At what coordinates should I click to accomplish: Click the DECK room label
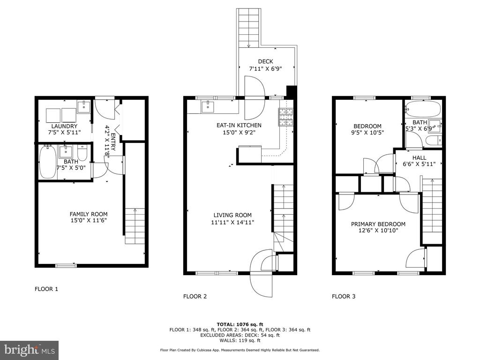[265, 61]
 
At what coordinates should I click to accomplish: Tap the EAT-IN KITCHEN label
[239, 125]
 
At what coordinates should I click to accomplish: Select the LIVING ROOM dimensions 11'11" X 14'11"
[232, 222]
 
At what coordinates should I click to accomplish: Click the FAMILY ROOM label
[89, 214]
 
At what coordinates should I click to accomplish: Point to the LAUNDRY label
[64, 126]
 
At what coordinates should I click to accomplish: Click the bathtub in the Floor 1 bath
[48, 162]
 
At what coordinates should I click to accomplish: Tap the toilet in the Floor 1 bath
[82, 151]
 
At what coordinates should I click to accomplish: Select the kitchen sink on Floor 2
[209, 107]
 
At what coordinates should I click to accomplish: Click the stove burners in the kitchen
[285, 117]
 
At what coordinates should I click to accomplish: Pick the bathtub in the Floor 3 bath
[423, 109]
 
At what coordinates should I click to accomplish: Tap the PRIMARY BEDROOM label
[378, 224]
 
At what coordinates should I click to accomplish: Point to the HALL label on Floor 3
[419, 157]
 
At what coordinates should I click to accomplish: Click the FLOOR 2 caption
[195, 296]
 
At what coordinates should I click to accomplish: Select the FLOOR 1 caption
[46, 289]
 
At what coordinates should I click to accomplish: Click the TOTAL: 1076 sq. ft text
[240, 324]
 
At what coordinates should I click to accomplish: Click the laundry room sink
[83, 107]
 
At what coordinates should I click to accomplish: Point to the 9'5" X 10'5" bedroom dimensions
[367, 133]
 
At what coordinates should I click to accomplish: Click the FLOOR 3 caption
[344, 296]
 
